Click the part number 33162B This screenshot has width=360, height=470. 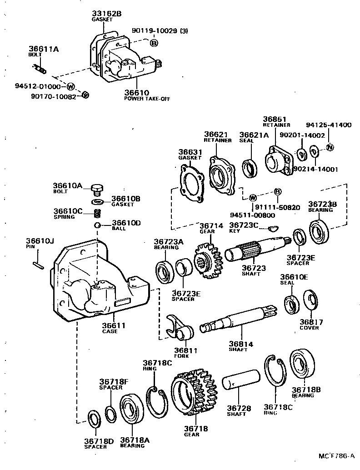tap(106, 14)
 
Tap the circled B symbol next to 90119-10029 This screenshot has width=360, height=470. tap(154, 43)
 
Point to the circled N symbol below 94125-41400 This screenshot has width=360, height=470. tap(330, 147)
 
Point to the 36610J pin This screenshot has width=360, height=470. tap(38, 265)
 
